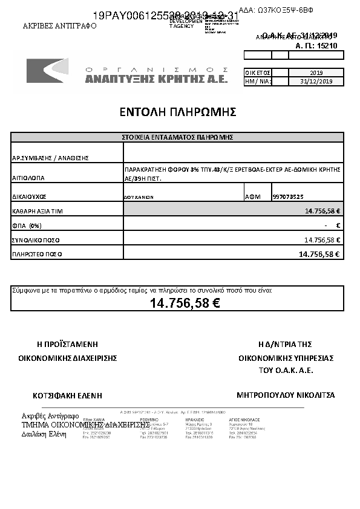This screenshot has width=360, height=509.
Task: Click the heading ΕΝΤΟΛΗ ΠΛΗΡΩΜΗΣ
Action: (178, 112)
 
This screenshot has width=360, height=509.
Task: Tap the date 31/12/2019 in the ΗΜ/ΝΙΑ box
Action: (316, 82)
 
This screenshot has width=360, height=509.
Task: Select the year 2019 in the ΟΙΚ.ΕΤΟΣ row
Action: (316, 72)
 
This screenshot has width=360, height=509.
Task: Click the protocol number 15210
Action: (327, 45)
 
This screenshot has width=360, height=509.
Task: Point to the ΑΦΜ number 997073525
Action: (289, 196)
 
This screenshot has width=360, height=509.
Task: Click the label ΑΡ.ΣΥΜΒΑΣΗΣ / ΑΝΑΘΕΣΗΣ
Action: (50, 158)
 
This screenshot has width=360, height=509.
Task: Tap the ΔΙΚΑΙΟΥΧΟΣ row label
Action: (29, 197)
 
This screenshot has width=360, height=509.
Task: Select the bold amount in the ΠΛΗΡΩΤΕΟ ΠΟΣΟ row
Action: (319, 254)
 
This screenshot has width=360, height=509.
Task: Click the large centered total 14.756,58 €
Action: (185, 303)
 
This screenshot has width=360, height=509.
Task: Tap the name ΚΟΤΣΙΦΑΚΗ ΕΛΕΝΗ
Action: (67, 395)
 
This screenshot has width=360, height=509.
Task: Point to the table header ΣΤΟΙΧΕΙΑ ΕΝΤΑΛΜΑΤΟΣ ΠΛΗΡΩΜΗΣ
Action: (178, 137)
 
